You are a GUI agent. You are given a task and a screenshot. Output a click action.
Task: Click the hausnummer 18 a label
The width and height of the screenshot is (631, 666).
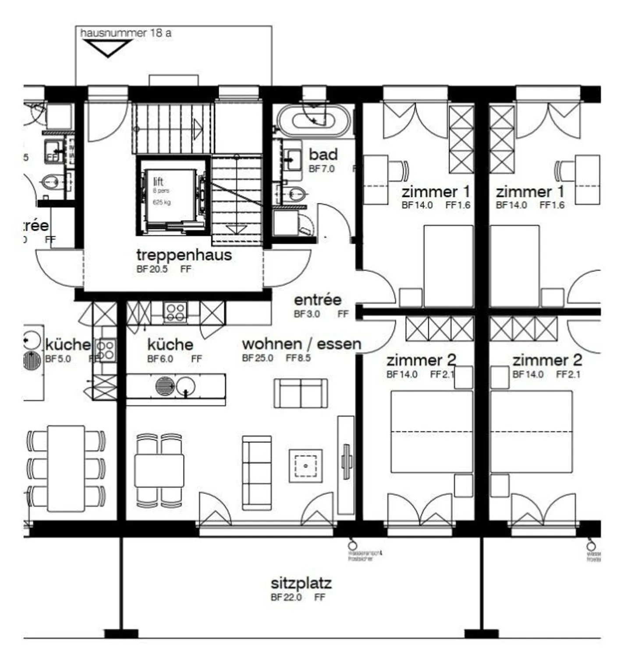pyautogui.click(x=126, y=33)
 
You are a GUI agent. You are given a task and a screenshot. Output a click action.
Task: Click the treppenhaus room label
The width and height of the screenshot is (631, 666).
pyautogui.click(x=184, y=255)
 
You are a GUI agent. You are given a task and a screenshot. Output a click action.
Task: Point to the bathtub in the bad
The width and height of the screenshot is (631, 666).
pyautogui.click(x=314, y=120)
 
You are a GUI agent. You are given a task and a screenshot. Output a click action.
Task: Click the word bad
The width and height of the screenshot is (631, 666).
pyautogui.click(x=323, y=155)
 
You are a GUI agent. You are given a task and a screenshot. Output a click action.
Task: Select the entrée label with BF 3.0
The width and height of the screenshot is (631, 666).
pyautogui.click(x=318, y=300)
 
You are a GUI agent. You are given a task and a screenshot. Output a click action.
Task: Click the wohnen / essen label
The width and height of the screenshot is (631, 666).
pyautogui.click(x=301, y=344)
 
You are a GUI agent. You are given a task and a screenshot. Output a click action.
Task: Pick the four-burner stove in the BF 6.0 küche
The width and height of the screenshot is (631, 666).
pyautogui.click(x=175, y=312)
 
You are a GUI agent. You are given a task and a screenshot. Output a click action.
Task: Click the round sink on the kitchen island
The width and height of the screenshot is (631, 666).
pyautogui.click(x=186, y=386)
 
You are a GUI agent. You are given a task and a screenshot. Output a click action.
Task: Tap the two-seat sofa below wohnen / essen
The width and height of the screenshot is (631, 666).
pyautogui.click(x=301, y=393)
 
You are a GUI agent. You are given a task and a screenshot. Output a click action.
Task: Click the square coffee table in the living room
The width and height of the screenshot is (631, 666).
pyautogui.click(x=305, y=466)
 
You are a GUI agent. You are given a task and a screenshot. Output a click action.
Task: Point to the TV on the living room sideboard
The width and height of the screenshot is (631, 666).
pyautogui.click(x=347, y=462)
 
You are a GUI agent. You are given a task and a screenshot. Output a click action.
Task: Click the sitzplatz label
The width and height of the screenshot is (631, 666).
pyautogui.click(x=301, y=584)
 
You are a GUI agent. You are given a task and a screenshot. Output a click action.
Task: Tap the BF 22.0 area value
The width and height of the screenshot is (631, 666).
pyautogui.click(x=287, y=597)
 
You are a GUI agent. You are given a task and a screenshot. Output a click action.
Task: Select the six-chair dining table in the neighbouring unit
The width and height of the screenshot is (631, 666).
pyautogui.click(x=66, y=468)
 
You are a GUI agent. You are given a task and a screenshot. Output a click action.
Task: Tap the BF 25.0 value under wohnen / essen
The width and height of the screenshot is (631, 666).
pyautogui.click(x=258, y=358)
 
